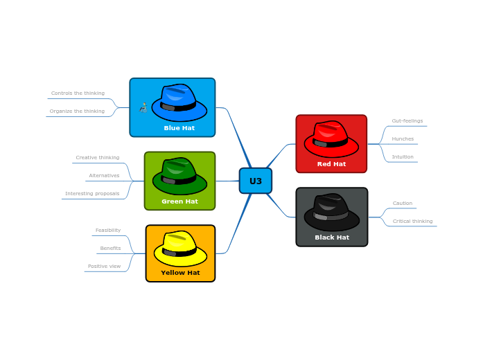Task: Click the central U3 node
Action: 256,181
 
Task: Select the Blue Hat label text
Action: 179,128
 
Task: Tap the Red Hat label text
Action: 331,164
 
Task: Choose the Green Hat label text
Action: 179,201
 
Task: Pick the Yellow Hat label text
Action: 180,273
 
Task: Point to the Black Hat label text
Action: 332,237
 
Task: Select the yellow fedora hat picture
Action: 180,248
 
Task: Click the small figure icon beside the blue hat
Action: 143,107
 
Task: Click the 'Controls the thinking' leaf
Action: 78,93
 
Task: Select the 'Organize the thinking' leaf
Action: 77,111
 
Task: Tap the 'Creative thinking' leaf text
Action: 97,157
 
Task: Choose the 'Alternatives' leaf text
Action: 104,175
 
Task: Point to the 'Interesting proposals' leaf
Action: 92,193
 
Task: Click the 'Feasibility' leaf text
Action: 108,230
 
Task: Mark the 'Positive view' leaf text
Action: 104,266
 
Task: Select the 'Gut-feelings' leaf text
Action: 407,120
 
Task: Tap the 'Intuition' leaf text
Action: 403,156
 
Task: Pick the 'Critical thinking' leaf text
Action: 412,221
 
